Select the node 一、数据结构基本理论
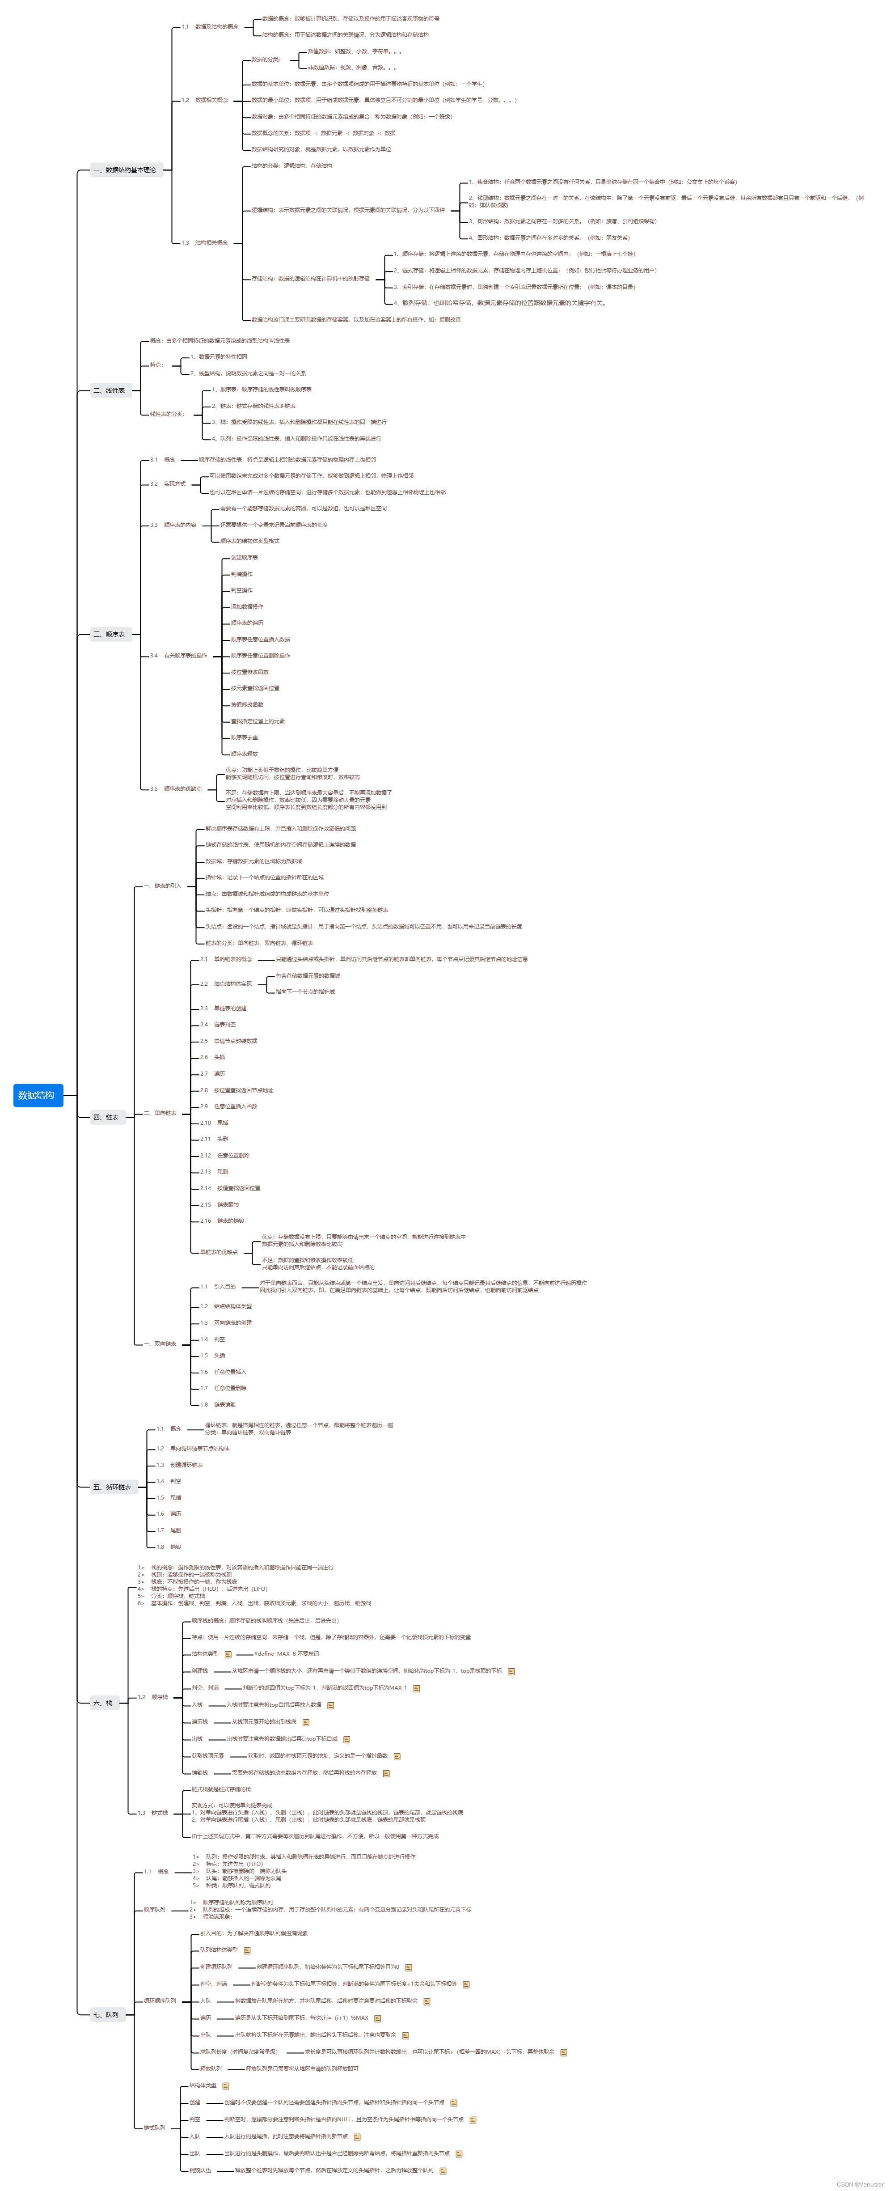click(x=124, y=170)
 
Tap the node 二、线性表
click(x=109, y=390)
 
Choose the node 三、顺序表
click(x=109, y=634)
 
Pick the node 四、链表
click(x=106, y=1117)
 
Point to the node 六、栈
click(x=103, y=1703)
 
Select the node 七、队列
click(x=106, y=2014)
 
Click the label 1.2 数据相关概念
click(x=205, y=100)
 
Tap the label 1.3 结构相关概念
click(x=205, y=242)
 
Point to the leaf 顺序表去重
click(x=245, y=737)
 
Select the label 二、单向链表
click(x=160, y=1113)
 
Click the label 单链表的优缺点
click(x=220, y=1252)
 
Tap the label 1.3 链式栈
click(x=153, y=1813)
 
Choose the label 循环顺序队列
click(x=160, y=2000)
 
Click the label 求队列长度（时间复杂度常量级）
click(x=239, y=2051)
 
